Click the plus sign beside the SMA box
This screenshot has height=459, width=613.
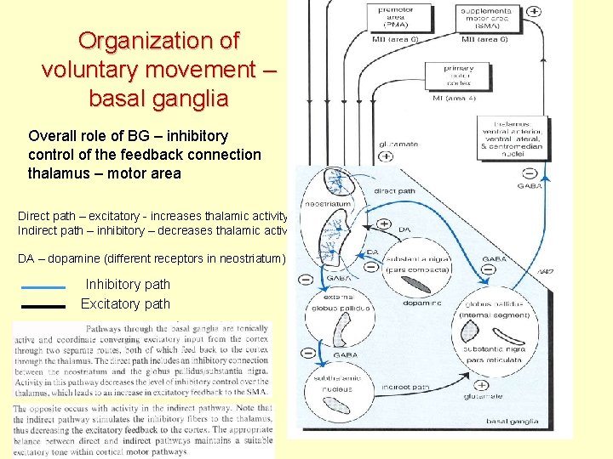534,11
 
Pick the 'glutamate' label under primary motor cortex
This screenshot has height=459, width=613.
398,144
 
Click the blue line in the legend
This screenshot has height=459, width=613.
42,287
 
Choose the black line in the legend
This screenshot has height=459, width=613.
42,305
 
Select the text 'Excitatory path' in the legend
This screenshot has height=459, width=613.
125,304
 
